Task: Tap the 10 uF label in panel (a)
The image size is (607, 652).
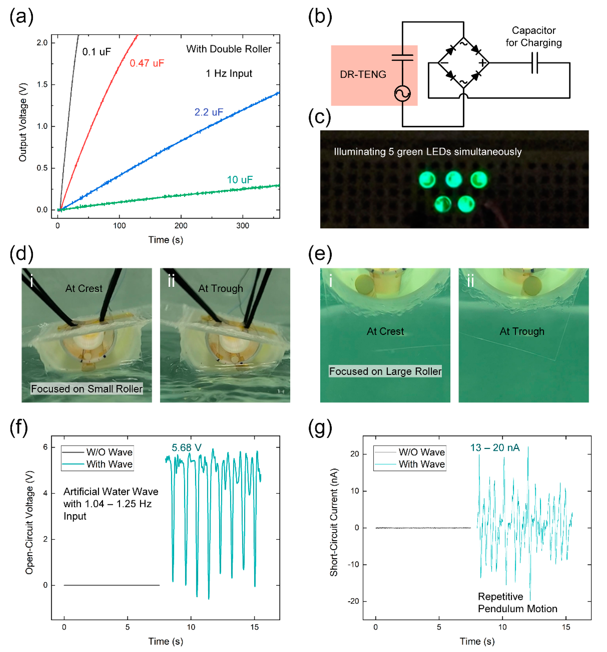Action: pos(240,180)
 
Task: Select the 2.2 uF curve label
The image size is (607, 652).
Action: pos(209,112)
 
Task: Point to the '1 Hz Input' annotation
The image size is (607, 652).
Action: pos(229,73)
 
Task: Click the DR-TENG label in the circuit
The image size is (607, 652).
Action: pos(363,75)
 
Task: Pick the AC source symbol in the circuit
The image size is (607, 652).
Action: pos(402,94)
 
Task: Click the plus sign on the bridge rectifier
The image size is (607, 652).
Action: pos(482,63)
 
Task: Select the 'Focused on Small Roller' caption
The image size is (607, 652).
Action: pos(87,389)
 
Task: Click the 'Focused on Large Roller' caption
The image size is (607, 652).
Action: pos(385,371)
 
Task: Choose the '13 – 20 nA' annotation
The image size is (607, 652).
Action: pos(495,448)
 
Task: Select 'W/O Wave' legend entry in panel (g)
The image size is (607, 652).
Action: pos(421,452)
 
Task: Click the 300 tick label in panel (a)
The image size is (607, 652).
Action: pos(243,226)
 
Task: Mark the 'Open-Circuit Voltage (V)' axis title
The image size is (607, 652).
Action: pos(30,523)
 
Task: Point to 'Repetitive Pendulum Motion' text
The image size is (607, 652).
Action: pos(517,602)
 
